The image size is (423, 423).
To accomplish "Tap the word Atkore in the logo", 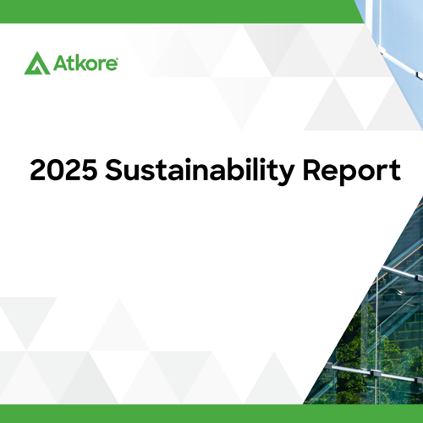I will click(x=83, y=63).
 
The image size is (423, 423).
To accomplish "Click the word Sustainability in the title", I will click(x=194, y=173).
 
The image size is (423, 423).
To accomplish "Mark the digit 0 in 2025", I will click(x=52, y=171).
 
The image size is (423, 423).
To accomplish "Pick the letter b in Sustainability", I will click(x=218, y=171).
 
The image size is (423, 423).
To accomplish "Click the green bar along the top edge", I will click(x=169, y=10).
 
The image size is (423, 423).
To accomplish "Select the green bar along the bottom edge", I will click(x=211, y=415).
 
